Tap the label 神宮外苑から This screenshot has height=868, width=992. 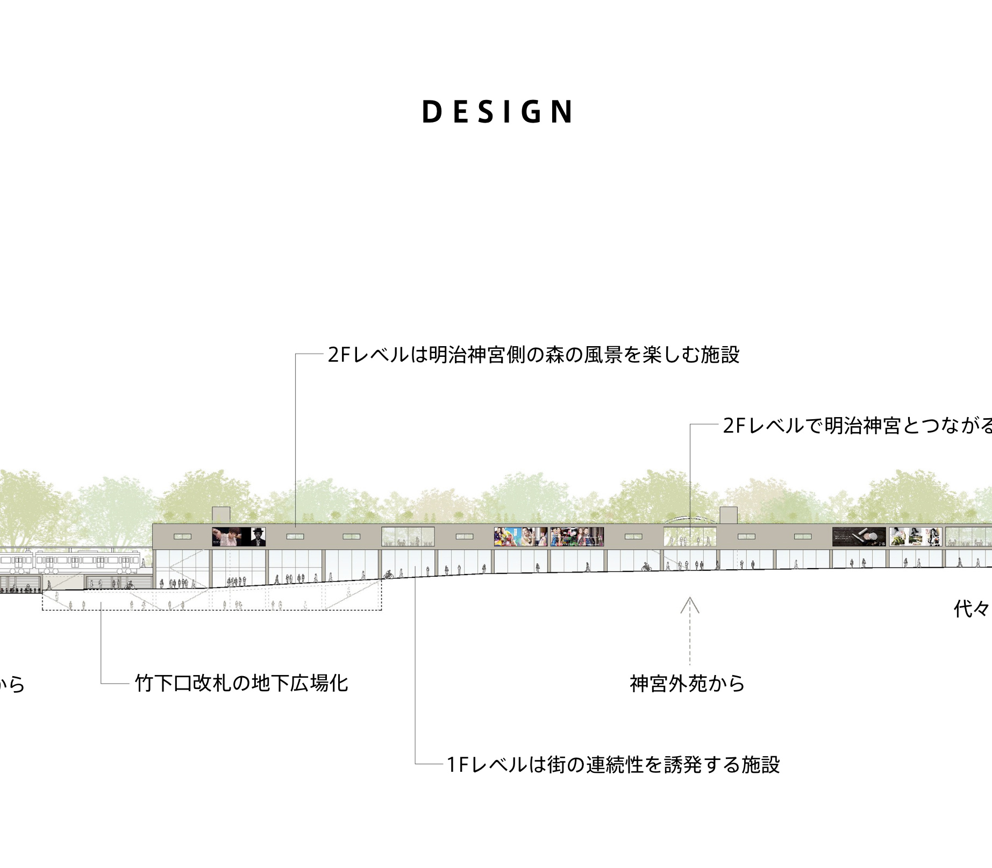tap(687, 684)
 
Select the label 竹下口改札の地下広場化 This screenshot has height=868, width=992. tap(241, 683)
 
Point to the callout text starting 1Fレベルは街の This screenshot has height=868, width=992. tap(613, 764)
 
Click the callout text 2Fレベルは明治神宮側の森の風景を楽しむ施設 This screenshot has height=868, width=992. tap(533, 355)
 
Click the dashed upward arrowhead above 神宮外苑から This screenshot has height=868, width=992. tap(690, 605)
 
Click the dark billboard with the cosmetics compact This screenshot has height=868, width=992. tap(859, 536)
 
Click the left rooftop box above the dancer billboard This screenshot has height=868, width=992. tap(221, 514)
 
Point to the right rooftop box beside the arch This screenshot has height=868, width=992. tap(729, 514)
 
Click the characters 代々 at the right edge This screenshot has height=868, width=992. tap(972, 609)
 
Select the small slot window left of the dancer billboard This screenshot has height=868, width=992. tap(182, 536)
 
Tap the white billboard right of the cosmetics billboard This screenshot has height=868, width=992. tap(915, 536)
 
